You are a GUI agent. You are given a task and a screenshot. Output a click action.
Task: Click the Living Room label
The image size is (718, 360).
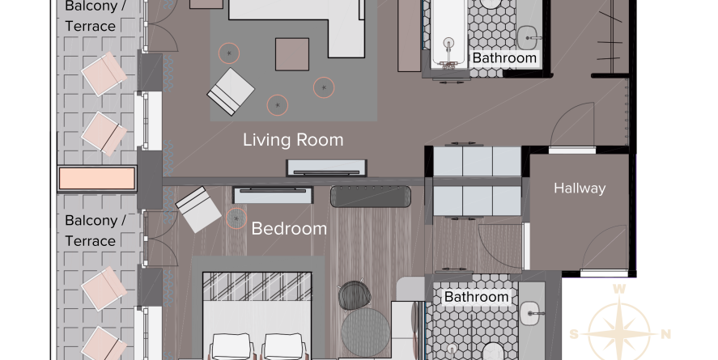point(293,140)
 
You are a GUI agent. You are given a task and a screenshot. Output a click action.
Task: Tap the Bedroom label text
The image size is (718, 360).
point(289,228)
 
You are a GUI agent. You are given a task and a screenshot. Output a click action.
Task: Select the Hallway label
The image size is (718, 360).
point(580,188)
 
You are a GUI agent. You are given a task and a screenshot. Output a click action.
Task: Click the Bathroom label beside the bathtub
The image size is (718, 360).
point(504,58)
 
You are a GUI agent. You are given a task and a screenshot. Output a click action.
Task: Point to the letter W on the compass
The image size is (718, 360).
point(618,289)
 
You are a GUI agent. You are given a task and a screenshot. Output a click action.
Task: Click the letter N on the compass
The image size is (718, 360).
point(666,334)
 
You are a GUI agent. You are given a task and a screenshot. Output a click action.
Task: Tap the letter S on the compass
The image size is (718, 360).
point(574,334)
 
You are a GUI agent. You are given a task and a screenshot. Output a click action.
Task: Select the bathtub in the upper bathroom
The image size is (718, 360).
point(448,34)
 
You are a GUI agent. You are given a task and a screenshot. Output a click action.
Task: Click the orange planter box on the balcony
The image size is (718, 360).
point(96,179)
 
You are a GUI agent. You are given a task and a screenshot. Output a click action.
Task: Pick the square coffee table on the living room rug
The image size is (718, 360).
point(292,54)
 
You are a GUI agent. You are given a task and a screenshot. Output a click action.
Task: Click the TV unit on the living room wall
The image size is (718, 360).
point(326,168)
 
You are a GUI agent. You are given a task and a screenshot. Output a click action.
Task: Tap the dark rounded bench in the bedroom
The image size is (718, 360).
point(371,196)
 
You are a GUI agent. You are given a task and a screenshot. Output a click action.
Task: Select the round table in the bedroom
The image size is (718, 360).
point(365,332)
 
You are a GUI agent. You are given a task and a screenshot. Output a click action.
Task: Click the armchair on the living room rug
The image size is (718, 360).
point(231,92)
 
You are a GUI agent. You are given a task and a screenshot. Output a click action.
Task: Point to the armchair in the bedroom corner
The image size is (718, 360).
point(199,210)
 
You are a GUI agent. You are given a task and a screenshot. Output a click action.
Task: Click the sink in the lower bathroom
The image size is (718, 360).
point(531,313)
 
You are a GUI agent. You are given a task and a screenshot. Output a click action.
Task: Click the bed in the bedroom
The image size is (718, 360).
point(257,316)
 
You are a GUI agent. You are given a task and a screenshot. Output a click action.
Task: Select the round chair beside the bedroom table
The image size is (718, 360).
point(355,294)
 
